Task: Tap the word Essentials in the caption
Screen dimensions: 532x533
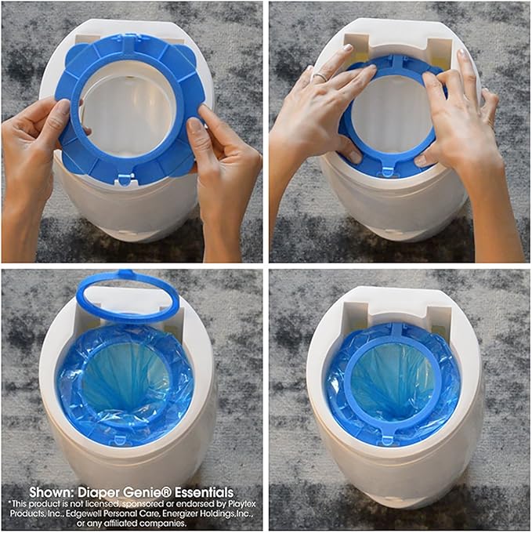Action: click(x=204, y=492)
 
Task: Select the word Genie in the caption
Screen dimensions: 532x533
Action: click(x=143, y=492)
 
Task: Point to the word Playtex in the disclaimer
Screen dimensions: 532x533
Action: click(x=242, y=503)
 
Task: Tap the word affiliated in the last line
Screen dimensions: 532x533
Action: click(x=119, y=523)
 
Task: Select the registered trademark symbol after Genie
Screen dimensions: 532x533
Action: click(x=168, y=490)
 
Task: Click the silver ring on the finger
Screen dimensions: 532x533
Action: click(x=320, y=77)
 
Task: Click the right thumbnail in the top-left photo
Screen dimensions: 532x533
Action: click(x=194, y=126)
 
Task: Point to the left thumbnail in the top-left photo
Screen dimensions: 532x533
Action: click(x=64, y=108)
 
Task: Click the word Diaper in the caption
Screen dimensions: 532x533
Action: click(x=100, y=492)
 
